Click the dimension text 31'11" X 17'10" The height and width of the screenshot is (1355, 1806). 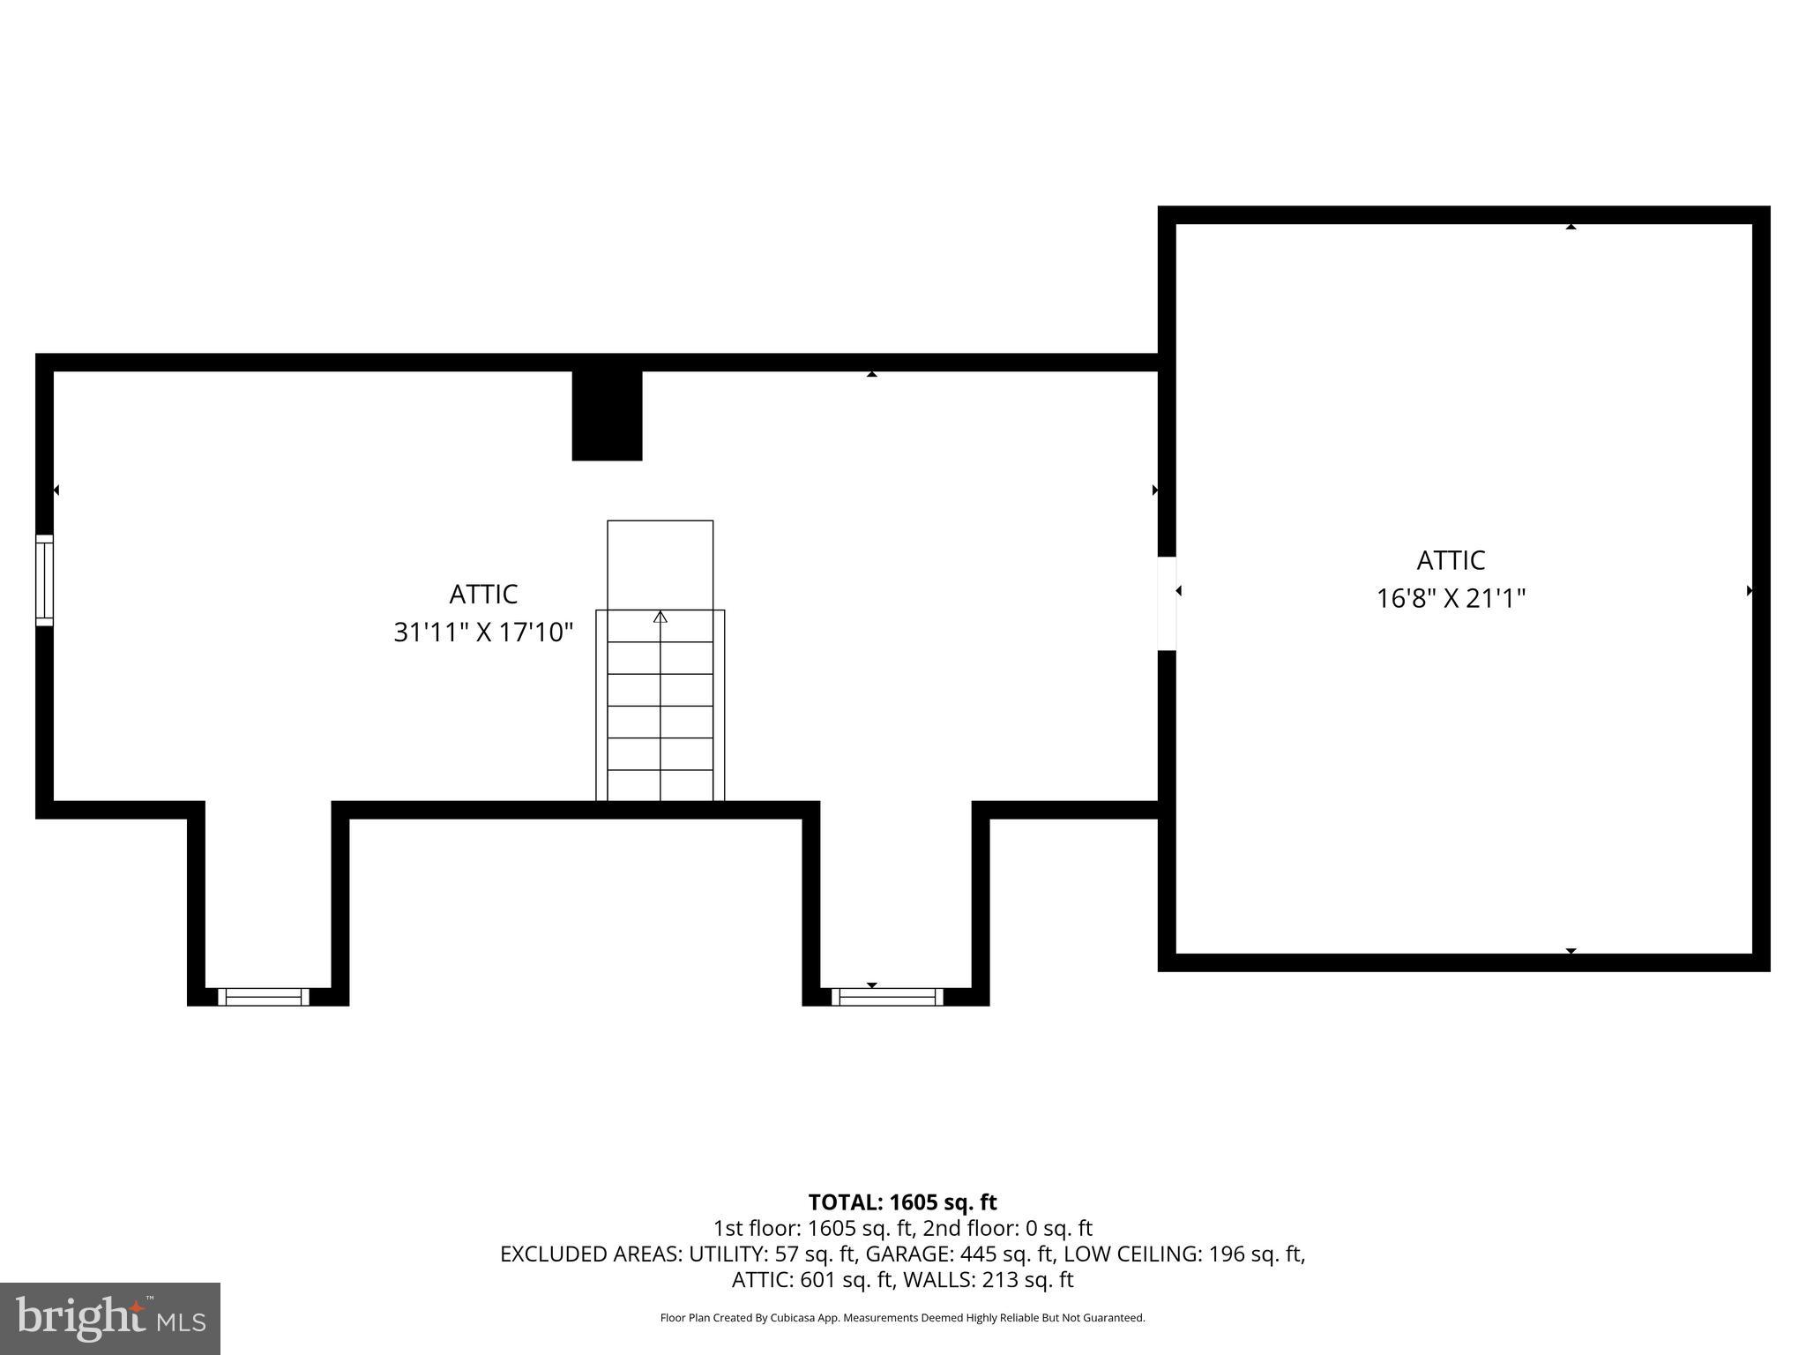483,633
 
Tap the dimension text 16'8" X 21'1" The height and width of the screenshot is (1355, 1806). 1451,599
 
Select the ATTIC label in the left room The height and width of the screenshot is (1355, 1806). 483,595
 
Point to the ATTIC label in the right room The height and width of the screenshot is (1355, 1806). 1451,560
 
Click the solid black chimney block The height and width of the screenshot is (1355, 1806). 607,415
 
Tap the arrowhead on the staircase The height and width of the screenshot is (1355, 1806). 660,617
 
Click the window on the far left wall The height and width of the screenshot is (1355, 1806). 44,580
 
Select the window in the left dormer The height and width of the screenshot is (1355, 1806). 264,997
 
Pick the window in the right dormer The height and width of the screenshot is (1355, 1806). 887,997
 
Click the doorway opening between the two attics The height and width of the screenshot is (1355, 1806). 1166,603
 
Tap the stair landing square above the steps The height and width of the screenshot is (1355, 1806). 660,565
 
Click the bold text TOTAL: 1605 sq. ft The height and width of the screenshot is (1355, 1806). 902,1202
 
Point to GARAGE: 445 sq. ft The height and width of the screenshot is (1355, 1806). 959,1254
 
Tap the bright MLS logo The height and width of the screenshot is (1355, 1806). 110,1318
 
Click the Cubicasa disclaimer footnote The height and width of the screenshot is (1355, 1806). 902,1318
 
